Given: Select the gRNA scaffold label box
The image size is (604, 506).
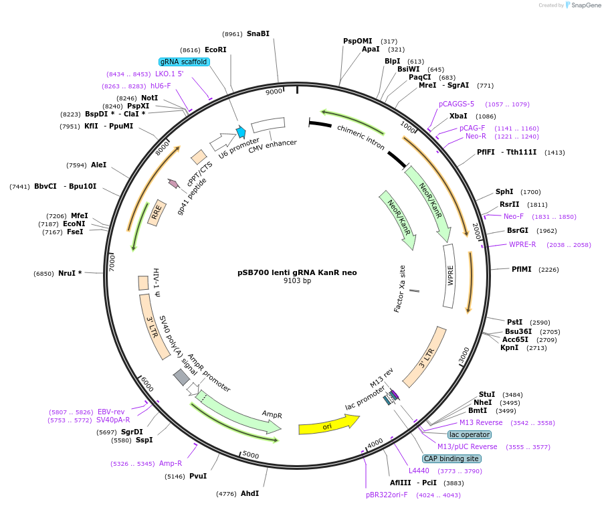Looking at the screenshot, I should [x=184, y=62].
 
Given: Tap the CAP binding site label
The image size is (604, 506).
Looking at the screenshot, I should [x=451, y=458].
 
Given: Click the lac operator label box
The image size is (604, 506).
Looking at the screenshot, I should [x=469, y=434].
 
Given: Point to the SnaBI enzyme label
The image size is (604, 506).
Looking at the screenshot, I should [x=258, y=33].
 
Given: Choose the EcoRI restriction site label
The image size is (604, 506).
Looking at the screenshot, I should [x=215, y=50].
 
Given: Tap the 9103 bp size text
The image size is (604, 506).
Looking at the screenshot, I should [x=297, y=281].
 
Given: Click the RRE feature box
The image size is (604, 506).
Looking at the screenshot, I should [x=157, y=212].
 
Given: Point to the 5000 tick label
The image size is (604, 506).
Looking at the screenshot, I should [x=251, y=455].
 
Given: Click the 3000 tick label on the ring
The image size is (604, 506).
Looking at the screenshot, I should [x=464, y=355].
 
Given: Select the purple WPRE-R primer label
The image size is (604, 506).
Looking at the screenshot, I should [x=522, y=244].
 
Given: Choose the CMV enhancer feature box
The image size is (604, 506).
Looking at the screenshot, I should [x=268, y=125].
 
